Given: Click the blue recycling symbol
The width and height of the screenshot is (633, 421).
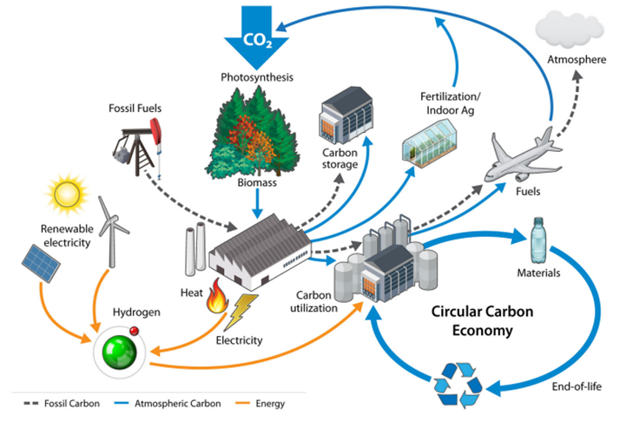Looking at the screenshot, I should pyautogui.click(x=462, y=382).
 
